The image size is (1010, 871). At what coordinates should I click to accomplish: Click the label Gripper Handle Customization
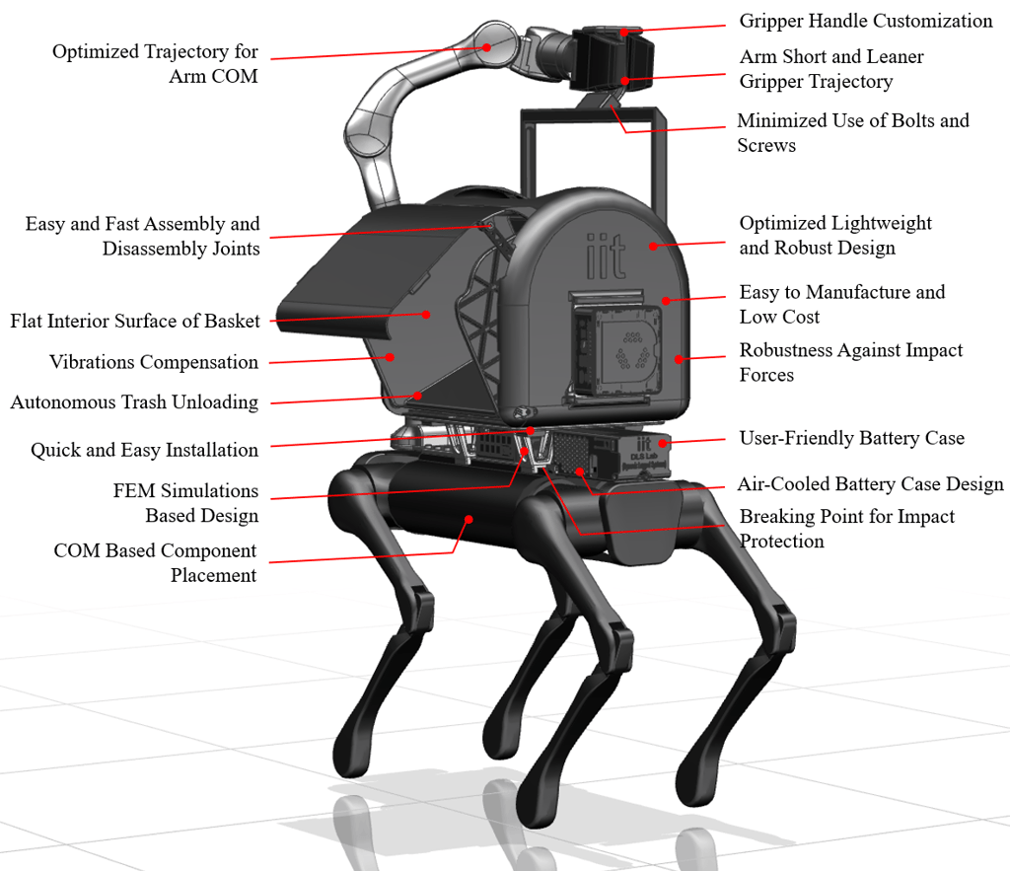[865, 21]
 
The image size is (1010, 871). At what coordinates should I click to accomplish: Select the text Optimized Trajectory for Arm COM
[155, 63]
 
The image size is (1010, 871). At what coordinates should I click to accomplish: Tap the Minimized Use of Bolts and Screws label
[852, 132]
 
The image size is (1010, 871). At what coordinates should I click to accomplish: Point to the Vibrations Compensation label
[154, 362]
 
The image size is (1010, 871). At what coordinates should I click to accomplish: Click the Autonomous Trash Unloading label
[134, 402]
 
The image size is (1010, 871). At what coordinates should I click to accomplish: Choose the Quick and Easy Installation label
[144, 450]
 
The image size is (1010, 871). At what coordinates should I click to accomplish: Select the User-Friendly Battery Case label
[851, 438]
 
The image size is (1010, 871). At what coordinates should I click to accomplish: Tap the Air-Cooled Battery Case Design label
[870, 484]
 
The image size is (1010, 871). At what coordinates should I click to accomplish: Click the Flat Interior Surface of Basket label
[135, 321]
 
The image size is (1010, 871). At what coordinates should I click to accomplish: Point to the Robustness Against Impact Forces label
[850, 362]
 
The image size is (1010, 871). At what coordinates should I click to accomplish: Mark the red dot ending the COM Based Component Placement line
[469, 517]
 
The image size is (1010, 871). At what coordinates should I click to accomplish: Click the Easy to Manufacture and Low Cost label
[841, 304]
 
